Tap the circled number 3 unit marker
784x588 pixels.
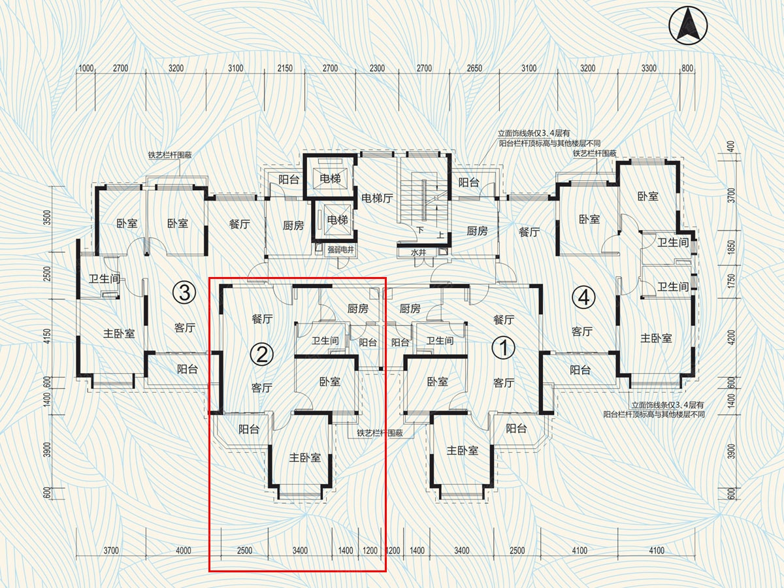[184, 293]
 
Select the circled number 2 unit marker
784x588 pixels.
[262, 355]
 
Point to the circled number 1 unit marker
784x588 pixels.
[504, 348]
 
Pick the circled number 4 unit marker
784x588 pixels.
[583, 297]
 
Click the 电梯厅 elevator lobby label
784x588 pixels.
[377, 198]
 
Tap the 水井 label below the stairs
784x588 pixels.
[418, 253]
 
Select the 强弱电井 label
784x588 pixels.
[340, 250]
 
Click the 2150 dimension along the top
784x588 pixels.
[285, 68]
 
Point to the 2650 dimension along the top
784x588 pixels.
[474, 68]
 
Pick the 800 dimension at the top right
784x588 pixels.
[687, 68]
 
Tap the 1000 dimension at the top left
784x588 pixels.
[86, 68]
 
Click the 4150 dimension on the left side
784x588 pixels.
[48, 336]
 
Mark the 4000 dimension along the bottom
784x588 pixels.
[183, 550]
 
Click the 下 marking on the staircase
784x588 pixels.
[420, 229]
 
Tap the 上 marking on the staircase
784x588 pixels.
[441, 235]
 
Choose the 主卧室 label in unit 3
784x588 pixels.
[119, 334]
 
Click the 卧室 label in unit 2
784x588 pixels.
[330, 382]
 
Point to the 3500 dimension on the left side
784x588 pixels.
[48, 218]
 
